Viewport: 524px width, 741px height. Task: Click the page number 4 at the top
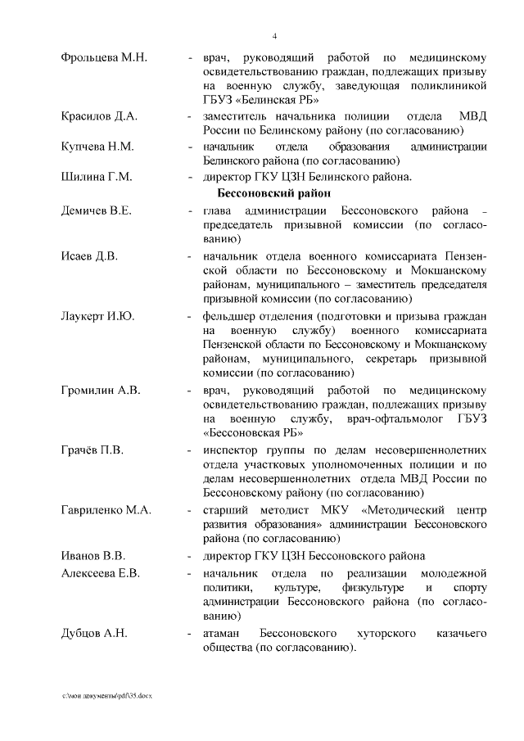point(274,35)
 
